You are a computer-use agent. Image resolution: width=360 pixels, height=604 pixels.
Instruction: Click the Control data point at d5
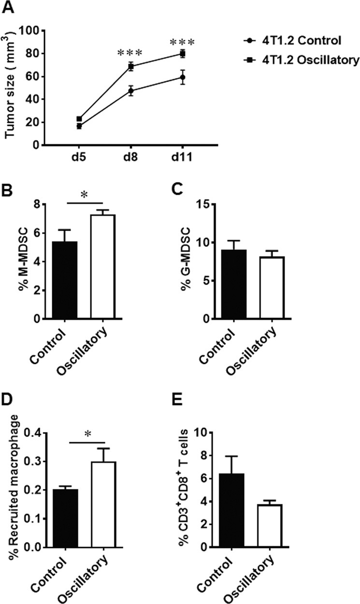coord(79,126)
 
